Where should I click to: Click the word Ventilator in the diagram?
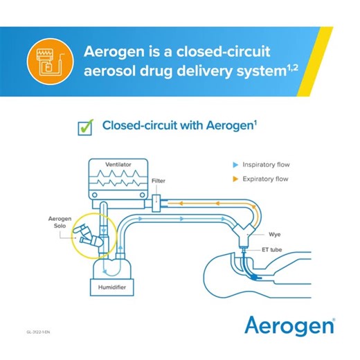coord(118,165)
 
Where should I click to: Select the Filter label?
coord(158,181)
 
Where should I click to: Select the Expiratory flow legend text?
coord(266,179)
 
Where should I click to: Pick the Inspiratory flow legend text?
coord(266,165)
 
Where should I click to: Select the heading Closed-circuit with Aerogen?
coord(176,126)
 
